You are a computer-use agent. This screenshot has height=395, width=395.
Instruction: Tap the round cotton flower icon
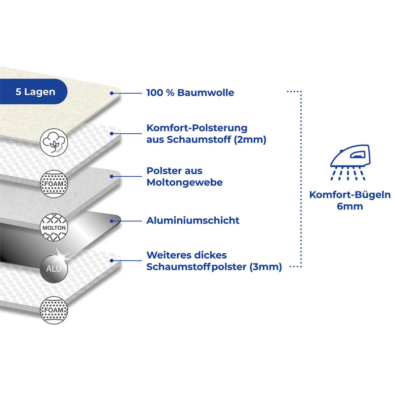coord(54,142)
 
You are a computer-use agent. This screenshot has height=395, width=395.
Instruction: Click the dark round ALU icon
coord(54,269)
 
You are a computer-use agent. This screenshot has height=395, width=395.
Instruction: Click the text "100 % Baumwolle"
coord(190,93)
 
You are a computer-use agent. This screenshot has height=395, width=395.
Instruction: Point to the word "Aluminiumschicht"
coord(193,221)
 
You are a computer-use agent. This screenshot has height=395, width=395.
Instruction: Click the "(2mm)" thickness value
coord(251,140)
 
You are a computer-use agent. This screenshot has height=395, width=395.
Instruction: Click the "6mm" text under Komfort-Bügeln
coord(350,206)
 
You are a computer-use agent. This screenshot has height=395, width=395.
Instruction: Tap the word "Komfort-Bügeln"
coord(350,195)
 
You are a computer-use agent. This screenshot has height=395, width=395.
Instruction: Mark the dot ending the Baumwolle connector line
coord(113,93)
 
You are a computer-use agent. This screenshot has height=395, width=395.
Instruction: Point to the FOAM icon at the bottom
coord(54,310)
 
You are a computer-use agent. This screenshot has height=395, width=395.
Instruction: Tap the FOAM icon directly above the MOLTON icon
coord(54,184)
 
